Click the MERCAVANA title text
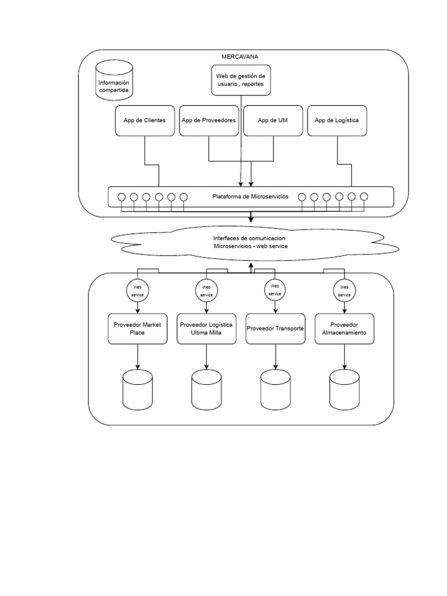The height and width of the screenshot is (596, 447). coord(240,56)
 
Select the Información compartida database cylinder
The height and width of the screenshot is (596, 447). coord(114,82)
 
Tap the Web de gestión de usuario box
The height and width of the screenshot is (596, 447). coord(240,80)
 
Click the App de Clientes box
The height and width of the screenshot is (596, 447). coord(145,120)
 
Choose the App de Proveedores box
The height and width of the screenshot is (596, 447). coord(209,120)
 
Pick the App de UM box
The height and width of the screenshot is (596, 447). coord(273,120)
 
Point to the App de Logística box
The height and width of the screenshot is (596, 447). coord(337,120)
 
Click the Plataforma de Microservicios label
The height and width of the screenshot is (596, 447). coord(250,197)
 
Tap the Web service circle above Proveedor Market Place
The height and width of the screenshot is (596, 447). coord(137,290)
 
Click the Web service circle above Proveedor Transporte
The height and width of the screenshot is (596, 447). coord(275,290)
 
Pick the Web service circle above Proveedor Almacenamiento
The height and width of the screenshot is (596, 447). coord(344,290)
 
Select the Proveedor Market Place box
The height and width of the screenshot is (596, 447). coord(137,329)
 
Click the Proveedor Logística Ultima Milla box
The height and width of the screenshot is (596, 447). coord(207,329)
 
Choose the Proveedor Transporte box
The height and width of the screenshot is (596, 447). coord(275,329)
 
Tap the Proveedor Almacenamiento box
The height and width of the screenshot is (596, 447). coord(344,329)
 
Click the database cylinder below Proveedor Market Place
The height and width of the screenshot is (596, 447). coord(137,389)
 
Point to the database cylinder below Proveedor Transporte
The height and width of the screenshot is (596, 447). coord(275,389)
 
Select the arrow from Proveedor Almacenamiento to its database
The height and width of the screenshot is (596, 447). coord(344,356)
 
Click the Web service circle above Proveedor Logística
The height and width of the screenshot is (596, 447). coord(207,290)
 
